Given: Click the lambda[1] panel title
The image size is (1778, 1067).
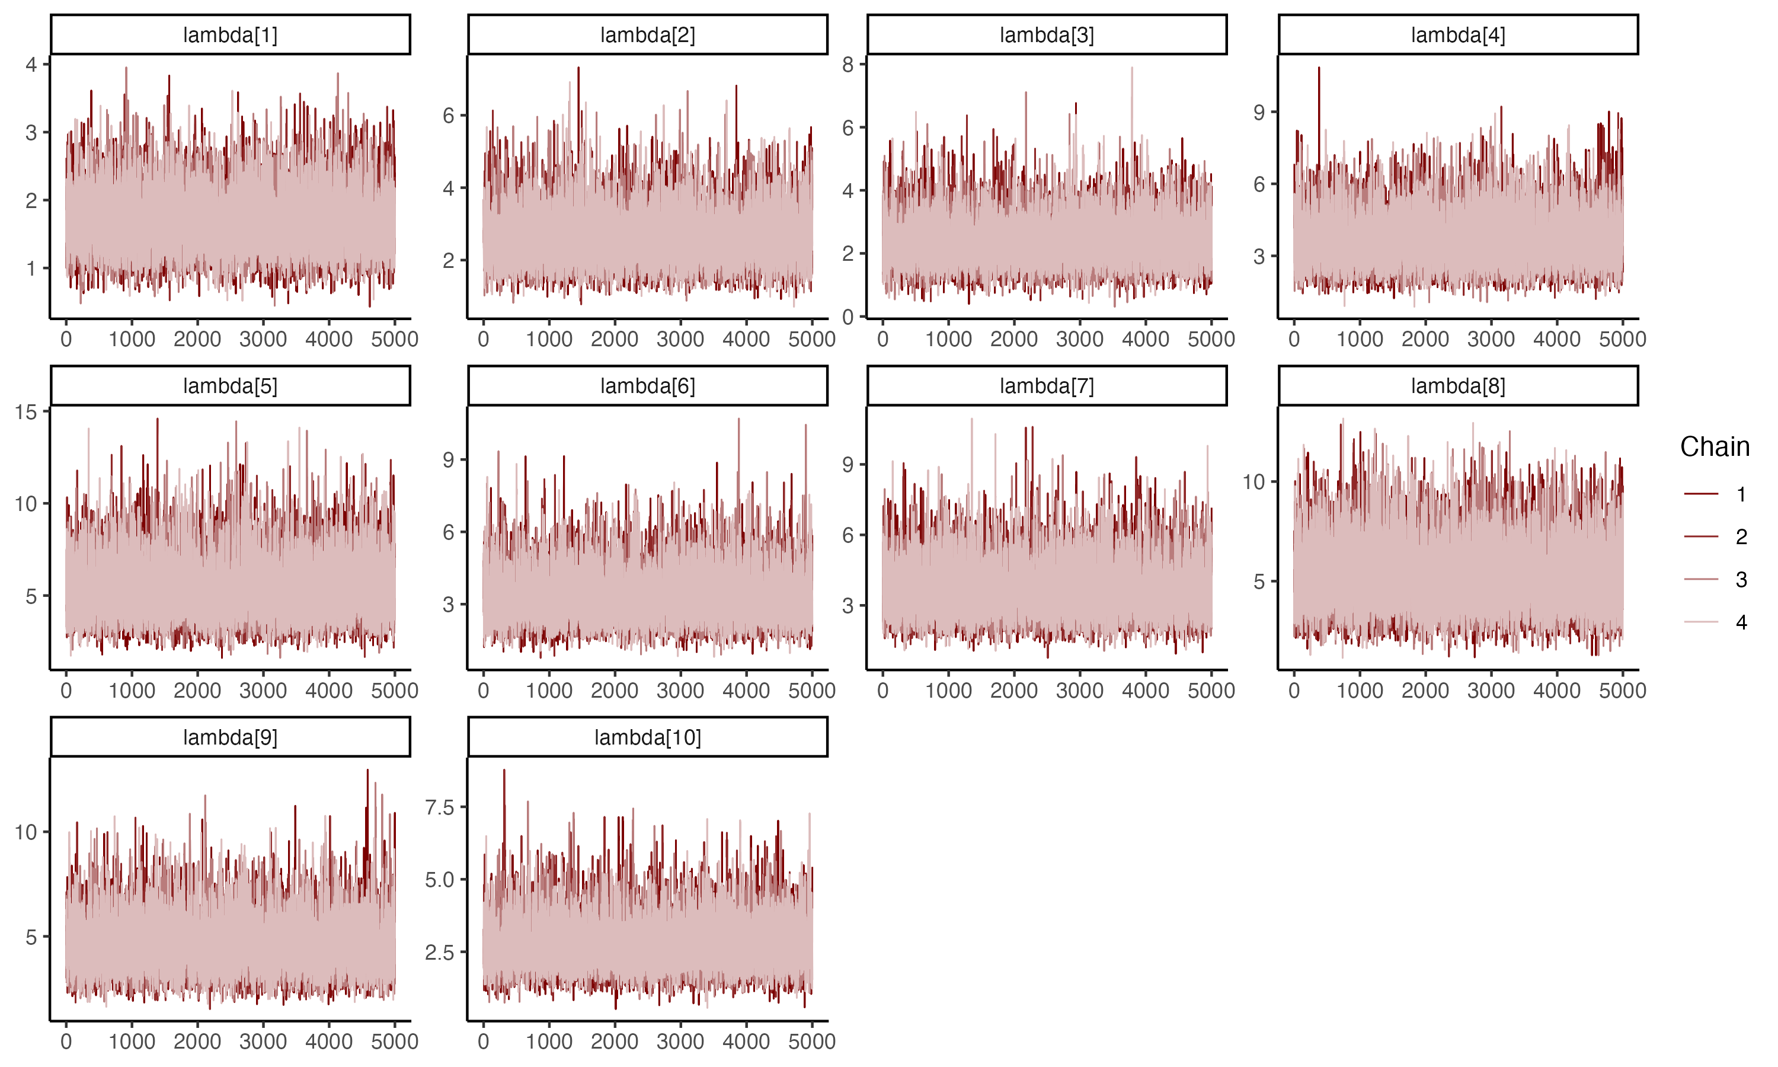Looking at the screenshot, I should pyautogui.click(x=230, y=34).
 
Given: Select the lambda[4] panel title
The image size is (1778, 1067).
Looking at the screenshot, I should pyautogui.click(x=1457, y=34).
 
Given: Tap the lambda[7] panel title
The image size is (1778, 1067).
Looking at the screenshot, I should pyautogui.click(x=1047, y=386).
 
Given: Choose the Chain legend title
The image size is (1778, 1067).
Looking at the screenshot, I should pyautogui.click(x=1714, y=446).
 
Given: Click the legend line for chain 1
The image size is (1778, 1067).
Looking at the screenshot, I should pyautogui.click(x=1700, y=494).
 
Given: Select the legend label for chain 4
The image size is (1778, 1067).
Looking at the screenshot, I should pyautogui.click(x=1741, y=622).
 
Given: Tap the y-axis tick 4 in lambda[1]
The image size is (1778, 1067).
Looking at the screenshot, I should pyautogui.click(x=31, y=65).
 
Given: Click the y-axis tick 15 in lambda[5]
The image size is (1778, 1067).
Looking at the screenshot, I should pyautogui.click(x=26, y=412).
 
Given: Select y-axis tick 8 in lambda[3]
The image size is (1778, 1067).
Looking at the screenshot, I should pyautogui.click(x=848, y=65).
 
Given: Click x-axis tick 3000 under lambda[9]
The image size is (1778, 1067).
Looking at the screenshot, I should pyautogui.click(x=263, y=1041).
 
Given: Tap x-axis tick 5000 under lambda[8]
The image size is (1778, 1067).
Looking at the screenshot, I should pyautogui.click(x=1622, y=690).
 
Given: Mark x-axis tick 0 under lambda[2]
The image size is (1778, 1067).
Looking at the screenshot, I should pyautogui.click(x=483, y=338).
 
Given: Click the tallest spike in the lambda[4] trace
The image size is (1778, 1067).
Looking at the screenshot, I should pyautogui.click(x=1319, y=68).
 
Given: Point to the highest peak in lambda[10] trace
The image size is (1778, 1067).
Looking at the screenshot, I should pyautogui.click(x=504, y=771).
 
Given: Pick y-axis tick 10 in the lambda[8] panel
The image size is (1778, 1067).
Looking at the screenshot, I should pyautogui.click(x=1253, y=482).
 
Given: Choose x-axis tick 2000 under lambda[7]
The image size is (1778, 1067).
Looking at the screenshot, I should pyautogui.click(x=1013, y=690).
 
